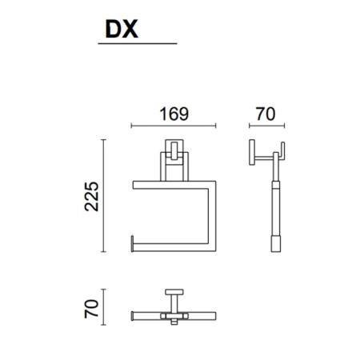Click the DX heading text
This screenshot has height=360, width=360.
(122, 29)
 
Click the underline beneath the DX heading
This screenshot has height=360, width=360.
(138, 43)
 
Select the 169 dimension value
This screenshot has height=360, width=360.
(174, 114)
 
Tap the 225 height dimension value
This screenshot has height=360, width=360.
(92, 196)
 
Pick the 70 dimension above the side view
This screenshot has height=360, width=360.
(266, 114)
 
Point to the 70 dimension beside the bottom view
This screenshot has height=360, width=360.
(91, 309)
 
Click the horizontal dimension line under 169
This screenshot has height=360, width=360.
(174, 126)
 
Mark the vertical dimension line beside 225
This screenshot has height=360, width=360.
(104, 195)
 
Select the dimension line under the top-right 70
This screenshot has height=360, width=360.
(266, 126)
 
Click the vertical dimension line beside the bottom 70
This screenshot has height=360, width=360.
(104, 307)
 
